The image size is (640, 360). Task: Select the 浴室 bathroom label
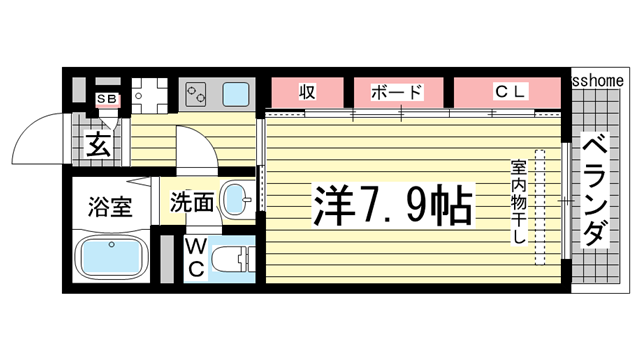pyautogui.click(x=111, y=208)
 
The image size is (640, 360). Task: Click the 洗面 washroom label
pyautogui.click(x=190, y=202)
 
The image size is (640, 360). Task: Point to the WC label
pyautogui.click(x=195, y=258)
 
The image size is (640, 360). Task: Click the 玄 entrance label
pyautogui.click(x=99, y=146)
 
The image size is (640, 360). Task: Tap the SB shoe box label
pyautogui.click(x=105, y=99)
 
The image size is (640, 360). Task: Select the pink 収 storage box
pyautogui.click(x=306, y=93)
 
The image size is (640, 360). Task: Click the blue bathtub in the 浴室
pyautogui.click(x=111, y=260)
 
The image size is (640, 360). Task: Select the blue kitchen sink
pyautogui.click(x=237, y=96)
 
